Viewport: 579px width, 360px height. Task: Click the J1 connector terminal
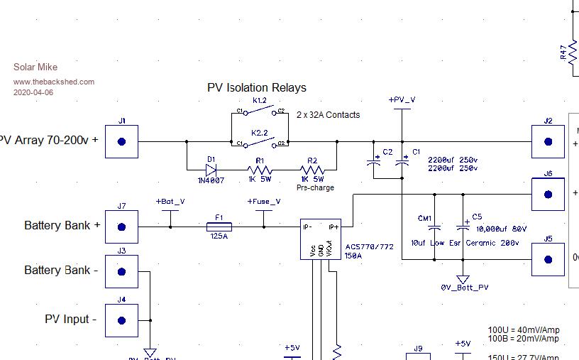coord(121,142)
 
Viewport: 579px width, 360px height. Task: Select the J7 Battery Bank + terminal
coord(121,227)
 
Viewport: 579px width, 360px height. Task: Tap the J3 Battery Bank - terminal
coord(121,271)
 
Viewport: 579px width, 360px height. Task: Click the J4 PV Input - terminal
coord(121,320)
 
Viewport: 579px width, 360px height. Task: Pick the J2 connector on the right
coord(548,142)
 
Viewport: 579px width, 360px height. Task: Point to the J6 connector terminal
coord(548,194)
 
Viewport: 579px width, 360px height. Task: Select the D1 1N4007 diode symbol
coord(211,170)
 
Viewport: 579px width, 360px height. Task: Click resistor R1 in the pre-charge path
coord(260,170)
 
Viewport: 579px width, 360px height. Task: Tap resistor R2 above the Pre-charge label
coord(313,170)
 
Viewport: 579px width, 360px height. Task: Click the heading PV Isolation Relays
coord(257,88)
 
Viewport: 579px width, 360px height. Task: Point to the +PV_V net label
coord(402,99)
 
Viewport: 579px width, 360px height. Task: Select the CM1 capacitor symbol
coord(436,228)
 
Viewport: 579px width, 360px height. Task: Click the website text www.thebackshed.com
coord(54,82)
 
